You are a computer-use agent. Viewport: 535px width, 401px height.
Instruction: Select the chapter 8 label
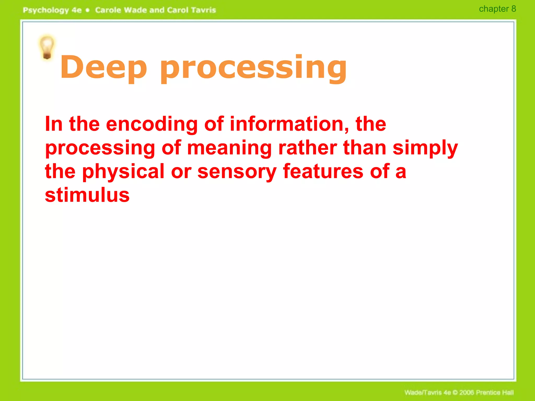497,9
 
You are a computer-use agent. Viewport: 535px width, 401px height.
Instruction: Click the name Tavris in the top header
203,10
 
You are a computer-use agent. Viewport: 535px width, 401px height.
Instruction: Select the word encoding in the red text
152,124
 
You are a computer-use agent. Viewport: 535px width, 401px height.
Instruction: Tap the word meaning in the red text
229,148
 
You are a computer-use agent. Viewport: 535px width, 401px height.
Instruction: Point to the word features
323,172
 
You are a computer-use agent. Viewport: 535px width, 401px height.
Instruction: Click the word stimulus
87,195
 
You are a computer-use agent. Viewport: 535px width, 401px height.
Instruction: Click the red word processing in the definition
100,148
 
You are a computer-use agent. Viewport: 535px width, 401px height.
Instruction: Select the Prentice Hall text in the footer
495,392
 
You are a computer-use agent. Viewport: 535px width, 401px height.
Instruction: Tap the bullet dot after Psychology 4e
88,10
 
